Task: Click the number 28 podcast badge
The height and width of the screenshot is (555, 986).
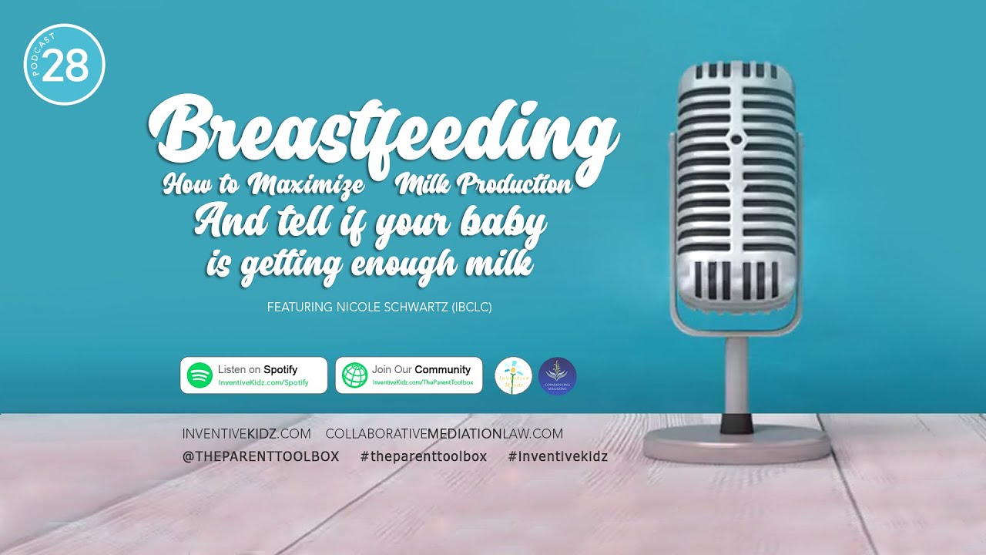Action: (x=65, y=65)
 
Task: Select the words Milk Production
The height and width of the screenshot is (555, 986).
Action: (x=485, y=186)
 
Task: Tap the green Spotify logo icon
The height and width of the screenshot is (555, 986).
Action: (x=200, y=375)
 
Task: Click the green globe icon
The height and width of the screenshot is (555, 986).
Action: (x=354, y=375)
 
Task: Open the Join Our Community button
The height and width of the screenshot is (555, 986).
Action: (x=409, y=375)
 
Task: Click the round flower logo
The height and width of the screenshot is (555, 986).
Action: (x=513, y=376)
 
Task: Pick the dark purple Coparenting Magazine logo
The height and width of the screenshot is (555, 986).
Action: (x=557, y=376)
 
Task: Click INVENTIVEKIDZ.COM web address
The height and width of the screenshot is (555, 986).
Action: (x=246, y=434)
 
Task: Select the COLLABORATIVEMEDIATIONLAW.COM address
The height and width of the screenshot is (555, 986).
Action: (x=444, y=434)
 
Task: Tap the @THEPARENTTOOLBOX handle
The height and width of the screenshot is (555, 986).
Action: (x=260, y=456)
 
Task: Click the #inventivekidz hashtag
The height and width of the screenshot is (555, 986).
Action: (x=558, y=456)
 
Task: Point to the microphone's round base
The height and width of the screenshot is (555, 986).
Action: (x=736, y=443)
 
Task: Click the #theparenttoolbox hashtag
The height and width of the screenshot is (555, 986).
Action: (x=423, y=456)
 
